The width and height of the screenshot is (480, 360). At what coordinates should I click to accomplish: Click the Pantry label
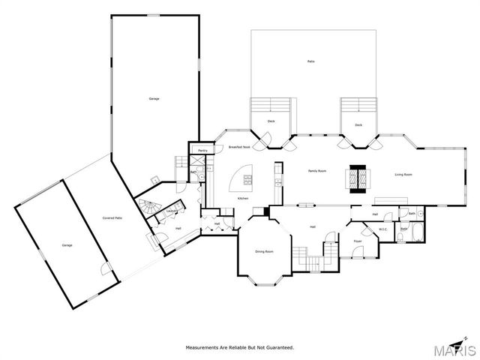tap(202, 151)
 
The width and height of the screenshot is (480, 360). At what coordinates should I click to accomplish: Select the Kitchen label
tap(243, 198)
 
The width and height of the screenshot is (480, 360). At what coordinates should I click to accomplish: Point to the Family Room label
tap(317, 172)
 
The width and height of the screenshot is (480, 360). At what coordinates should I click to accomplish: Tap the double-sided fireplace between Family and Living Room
tap(357, 177)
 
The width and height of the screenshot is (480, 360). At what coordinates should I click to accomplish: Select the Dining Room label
tap(263, 252)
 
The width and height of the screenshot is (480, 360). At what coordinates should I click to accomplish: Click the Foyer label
tap(358, 241)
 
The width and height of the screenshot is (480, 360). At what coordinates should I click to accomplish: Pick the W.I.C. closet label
tap(382, 229)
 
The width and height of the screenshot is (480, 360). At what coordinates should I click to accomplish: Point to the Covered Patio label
tap(113, 218)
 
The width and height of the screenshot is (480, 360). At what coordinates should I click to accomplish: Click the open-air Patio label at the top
tap(310, 61)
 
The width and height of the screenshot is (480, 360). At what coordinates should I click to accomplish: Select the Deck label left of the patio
tap(271, 121)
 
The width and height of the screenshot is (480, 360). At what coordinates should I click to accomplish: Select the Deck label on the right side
tap(358, 125)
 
